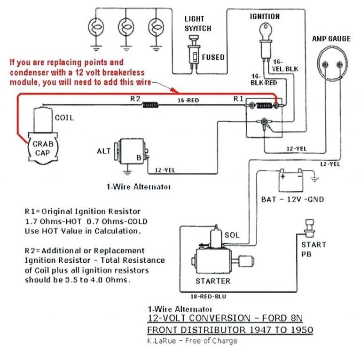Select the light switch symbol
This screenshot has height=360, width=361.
193,52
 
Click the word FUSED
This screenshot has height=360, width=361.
213,57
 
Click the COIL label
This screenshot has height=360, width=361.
64,117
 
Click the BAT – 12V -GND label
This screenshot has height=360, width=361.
292,199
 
